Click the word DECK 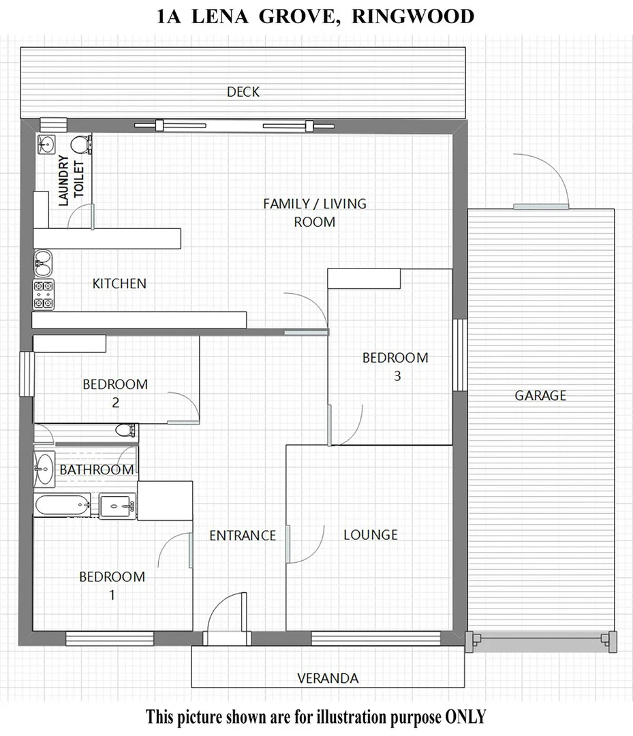243,92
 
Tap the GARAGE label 540,395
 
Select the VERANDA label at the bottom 328,678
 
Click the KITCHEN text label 119,283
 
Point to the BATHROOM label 96,470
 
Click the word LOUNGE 370,535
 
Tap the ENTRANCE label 243,536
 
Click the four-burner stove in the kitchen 44,295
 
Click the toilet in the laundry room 81,144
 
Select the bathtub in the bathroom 61,506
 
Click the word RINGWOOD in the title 412,16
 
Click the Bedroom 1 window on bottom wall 110,639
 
